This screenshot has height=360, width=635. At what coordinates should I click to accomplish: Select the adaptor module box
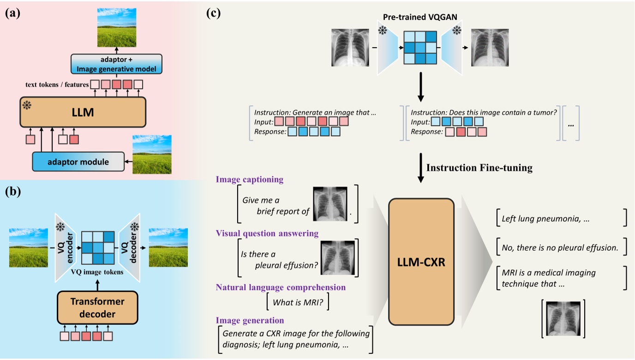tap(78, 162)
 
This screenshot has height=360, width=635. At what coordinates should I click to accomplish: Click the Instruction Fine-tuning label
tap(479, 168)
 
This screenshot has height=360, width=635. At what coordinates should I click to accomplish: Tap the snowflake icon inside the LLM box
tap(27, 106)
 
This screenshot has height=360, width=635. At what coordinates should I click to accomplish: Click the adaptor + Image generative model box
tap(116, 64)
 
